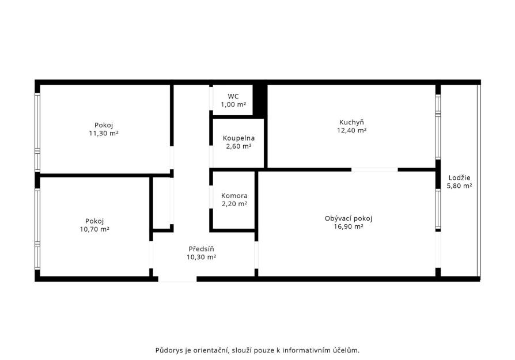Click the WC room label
click(x=233, y=96)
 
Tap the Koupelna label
click(x=238, y=138)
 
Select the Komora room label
click(x=234, y=196)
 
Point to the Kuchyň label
click(x=351, y=122)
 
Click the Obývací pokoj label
click(x=348, y=218)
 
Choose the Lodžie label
click(x=459, y=178)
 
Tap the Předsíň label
click(x=201, y=249)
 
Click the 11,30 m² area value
click(x=104, y=134)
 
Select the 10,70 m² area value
click(x=94, y=229)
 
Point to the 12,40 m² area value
click(x=351, y=130)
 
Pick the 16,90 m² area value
click(x=348, y=226)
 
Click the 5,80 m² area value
click(x=459, y=186)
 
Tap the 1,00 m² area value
click(x=233, y=104)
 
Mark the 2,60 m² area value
click(x=238, y=146)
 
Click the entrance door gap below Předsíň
click(x=177, y=279)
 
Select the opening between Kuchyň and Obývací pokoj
click(x=374, y=170)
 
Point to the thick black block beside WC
click(x=260, y=100)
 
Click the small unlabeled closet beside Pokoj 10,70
click(x=162, y=203)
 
